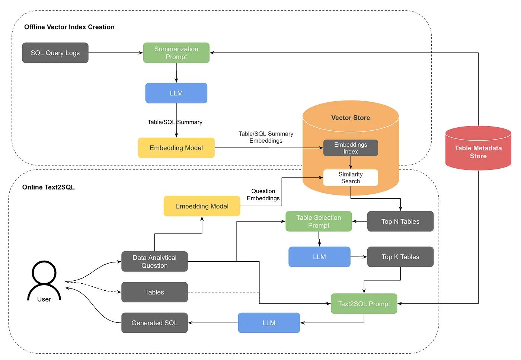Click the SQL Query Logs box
tap(55, 53)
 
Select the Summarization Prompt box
tap(176, 53)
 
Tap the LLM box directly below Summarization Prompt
tap(176, 93)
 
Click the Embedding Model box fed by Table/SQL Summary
tap(176, 148)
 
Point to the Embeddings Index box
tap(350, 148)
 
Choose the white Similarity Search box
tap(350, 178)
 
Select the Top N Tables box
tap(400, 222)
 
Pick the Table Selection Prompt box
tap(319, 222)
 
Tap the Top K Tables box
tap(400, 257)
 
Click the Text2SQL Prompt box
tap(364, 304)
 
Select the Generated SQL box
tap(154, 323)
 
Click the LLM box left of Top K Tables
tap(319, 257)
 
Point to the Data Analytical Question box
tap(154, 261)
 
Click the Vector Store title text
tap(350, 118)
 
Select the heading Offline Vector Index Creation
tap(69, 27)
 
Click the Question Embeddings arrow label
tap(263, 195)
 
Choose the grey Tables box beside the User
tap(154, 292)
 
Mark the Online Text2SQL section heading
tap(48, 187)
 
